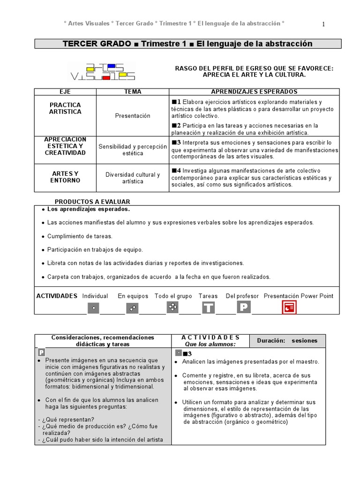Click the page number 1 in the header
323,24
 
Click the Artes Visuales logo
102,71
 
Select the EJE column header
65,92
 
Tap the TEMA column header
133,92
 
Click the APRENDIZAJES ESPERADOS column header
254,92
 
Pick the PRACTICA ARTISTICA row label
65,108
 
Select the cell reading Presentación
133,116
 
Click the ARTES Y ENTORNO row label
65,177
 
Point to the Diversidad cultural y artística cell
133,178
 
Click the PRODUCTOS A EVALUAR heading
92,202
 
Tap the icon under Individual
93,308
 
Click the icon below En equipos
132,308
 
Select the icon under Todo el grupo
172,307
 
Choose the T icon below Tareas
209,307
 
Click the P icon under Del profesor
244,307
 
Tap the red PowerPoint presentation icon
289,307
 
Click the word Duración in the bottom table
271,341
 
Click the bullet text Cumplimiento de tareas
80,236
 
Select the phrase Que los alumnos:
210,344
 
